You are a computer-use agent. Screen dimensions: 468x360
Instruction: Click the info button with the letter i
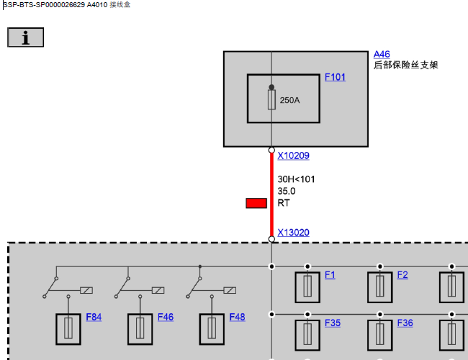point(26,37)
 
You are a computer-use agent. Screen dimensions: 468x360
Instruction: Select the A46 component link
point(382,54)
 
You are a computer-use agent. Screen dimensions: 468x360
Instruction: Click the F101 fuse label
point(335,77)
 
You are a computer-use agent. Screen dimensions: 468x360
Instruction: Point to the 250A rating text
point(289,100)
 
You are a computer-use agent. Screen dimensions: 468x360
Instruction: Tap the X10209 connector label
point(293,156)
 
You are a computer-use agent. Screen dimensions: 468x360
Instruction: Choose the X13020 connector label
point(293,233)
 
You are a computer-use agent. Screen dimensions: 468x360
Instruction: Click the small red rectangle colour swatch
point(256,203)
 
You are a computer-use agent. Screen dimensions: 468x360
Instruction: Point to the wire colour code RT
point(283,203)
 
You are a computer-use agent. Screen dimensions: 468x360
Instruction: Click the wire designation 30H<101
point(296,179)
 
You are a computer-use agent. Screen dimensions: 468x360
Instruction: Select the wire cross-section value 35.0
point(287,192)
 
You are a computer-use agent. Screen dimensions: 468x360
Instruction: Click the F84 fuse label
point(94,317)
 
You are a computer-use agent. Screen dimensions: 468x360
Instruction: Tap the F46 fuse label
point(166,317)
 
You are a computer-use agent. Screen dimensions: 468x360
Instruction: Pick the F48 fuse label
point(237,317)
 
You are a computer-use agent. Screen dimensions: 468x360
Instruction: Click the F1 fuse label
point(330,275)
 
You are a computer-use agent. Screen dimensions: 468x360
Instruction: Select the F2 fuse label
point(402,275)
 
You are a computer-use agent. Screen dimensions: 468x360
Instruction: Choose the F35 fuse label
point(333,323)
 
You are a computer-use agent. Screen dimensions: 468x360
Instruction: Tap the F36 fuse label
point(405,323)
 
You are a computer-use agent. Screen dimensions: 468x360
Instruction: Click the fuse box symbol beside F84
point(68,329)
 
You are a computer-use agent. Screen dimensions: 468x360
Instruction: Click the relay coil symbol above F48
point(230,290)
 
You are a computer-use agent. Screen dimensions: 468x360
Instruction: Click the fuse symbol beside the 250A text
point(271,99)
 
